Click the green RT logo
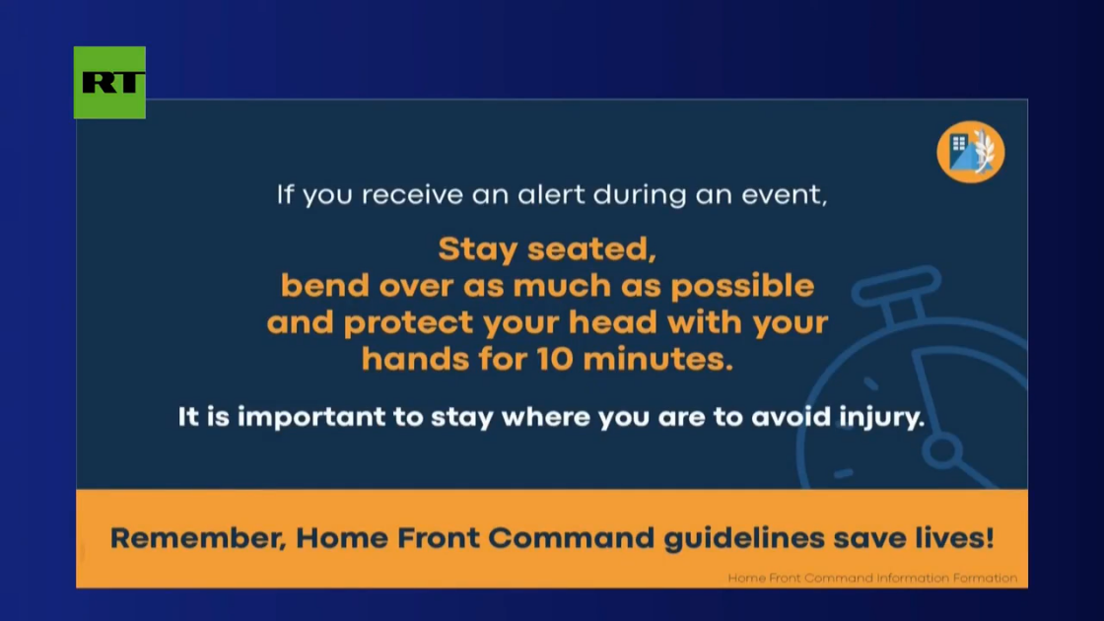[109, 83]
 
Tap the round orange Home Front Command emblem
[970, 152]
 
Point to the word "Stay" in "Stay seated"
[478, 249]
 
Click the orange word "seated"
[591, 249]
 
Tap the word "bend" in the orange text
[324, 286]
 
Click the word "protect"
[408, 323]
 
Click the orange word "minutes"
[657, 359]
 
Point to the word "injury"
[881, 418]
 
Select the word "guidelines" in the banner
[744, 538]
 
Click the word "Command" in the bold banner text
[571, 538]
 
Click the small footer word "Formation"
[985, 578]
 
